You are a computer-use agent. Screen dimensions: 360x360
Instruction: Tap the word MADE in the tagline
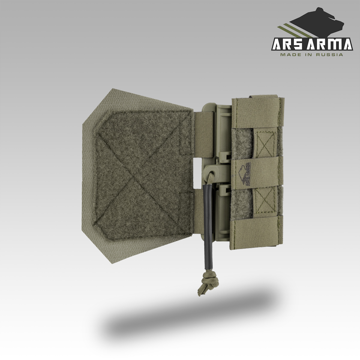point(289,55)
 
